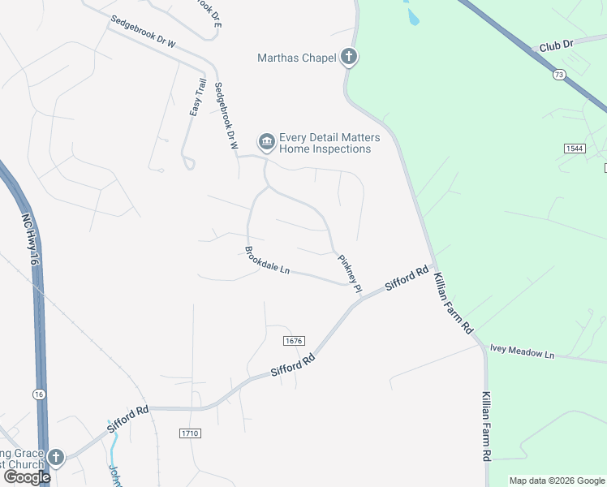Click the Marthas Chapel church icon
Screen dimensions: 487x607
tap(349, 57)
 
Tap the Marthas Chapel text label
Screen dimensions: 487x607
tap(297, 58)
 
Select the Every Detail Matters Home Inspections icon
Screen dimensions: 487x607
tap(266, 143)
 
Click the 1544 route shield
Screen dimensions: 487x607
tap(575, 149)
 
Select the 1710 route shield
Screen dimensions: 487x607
tap(190, 434)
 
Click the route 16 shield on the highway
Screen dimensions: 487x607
tap(39, 394)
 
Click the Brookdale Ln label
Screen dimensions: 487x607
tap(267, 260)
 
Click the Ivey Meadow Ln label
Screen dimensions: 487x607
tap(521, 353)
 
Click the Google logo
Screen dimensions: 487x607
tap(27, 476)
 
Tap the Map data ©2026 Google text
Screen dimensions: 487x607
tap(556, 481)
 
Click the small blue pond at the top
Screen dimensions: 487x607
tap(412, 15)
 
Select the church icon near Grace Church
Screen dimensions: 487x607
tap(55, 457)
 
